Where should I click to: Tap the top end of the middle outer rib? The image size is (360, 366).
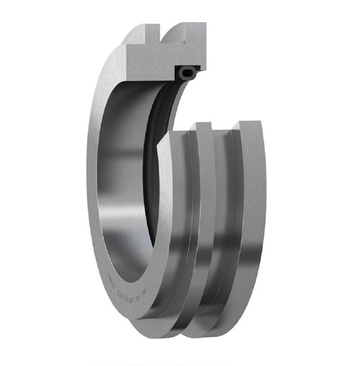[204, 126]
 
